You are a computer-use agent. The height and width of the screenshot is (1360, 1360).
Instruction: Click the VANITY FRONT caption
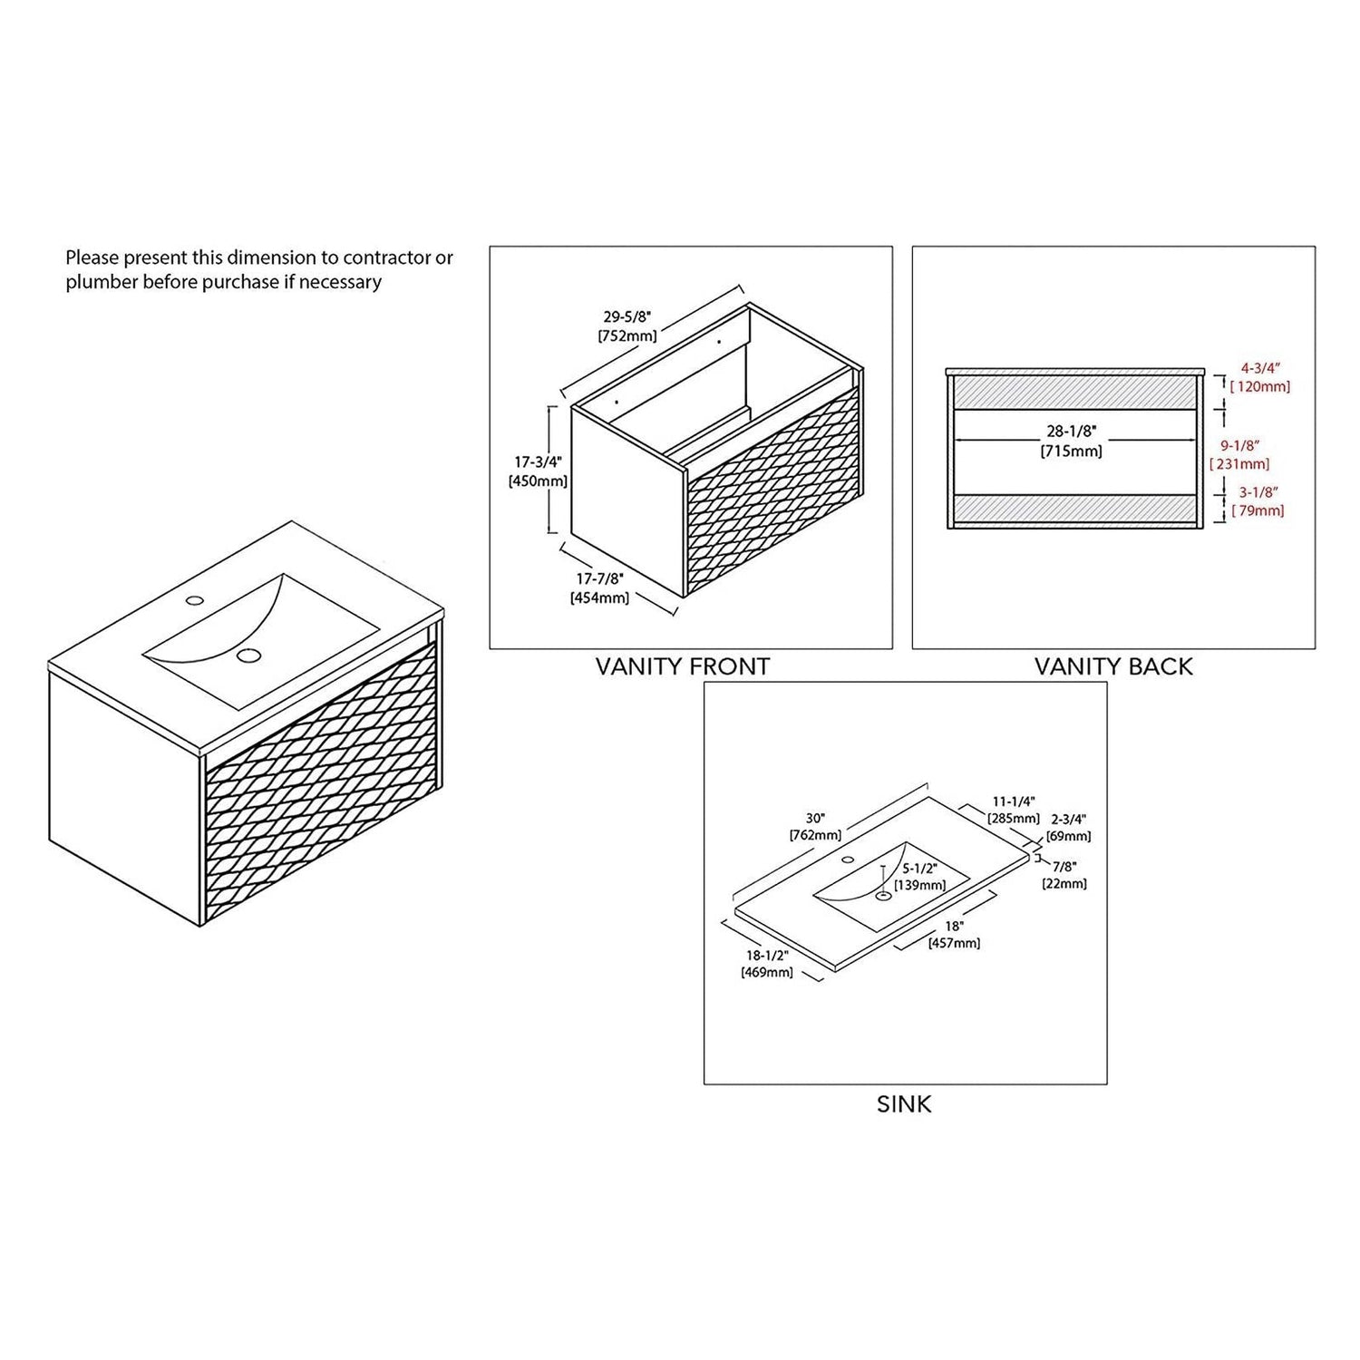coord(682,666)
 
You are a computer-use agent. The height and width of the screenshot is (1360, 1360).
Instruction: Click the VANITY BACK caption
coord(1113,666)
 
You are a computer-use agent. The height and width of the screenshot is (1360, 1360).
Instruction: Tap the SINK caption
coord(904,1104)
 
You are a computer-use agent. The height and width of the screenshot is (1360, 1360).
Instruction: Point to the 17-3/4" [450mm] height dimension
coord(538,471)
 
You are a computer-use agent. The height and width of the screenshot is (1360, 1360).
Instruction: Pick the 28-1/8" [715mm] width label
coord(1072,442)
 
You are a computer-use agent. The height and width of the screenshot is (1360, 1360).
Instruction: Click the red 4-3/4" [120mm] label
coord(1260,377)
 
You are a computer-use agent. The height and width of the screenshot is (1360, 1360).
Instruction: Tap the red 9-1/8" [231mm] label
coord(1239,455)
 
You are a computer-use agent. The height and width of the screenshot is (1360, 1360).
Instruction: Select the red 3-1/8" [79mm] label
coord(1258,501)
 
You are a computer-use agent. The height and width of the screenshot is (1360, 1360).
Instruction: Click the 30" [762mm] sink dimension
coord(816,826)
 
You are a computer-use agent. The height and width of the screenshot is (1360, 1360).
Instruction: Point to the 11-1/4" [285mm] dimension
coord(1014,810)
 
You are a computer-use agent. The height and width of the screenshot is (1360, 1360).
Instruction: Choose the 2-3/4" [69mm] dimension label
coord(1069,827)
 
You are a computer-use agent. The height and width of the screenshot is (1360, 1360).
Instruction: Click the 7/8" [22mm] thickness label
coord(1064,875)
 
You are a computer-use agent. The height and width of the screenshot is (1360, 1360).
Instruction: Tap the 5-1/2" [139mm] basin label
coord(920,877)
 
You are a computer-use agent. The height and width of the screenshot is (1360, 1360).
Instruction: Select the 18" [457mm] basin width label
coord(954,935)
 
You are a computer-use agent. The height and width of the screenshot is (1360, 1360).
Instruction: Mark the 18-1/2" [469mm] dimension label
coord(767,964)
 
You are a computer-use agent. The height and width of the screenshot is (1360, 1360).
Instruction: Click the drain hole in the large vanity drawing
coord(248,656)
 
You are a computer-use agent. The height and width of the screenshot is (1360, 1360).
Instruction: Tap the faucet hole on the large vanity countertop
coord(194,599)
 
